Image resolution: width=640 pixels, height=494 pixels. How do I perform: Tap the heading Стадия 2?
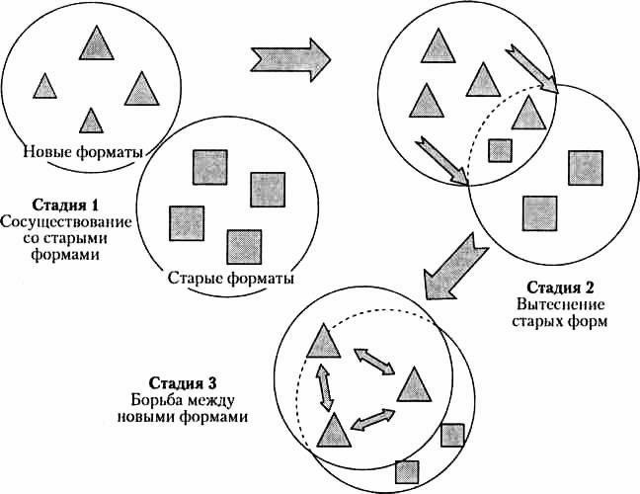561,288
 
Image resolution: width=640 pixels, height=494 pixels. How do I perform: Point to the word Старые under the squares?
198,279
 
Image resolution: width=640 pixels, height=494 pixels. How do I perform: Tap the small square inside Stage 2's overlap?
501,150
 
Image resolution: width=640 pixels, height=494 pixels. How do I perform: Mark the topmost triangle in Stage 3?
323,340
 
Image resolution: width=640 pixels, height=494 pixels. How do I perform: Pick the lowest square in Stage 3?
406,472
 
